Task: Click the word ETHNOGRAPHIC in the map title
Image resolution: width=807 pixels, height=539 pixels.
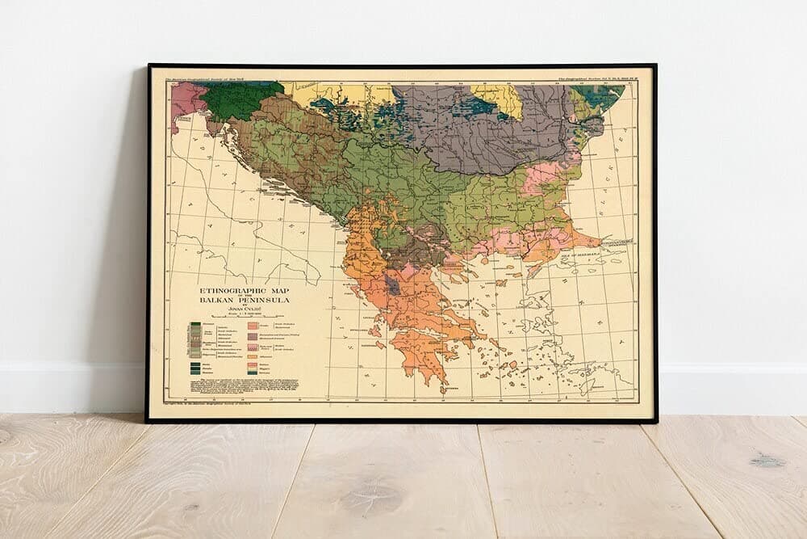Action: (x=230, y=289)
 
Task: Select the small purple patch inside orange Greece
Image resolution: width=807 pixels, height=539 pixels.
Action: (x=392, y=284)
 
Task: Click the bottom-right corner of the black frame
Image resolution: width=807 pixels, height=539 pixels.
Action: (x=654, y=420)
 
